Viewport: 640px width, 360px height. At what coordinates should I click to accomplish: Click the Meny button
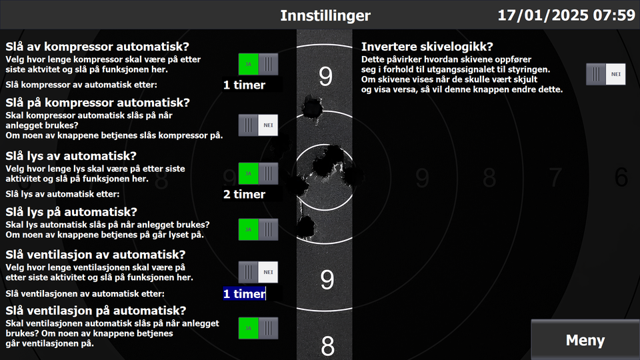coord(585,339)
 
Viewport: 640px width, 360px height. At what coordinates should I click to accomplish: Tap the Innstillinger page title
coord(325,15)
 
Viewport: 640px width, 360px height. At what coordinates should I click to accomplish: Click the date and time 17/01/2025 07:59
coord(567,15)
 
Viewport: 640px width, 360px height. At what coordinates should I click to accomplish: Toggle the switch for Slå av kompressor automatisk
coord(258,64)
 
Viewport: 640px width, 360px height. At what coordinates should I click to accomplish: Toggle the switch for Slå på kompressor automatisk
coord(258,125)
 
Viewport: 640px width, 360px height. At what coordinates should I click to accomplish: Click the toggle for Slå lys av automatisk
coord(258,173)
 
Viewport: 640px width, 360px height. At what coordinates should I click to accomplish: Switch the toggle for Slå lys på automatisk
coord(258,229)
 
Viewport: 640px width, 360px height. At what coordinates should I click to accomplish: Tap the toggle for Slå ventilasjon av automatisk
coord(258,272)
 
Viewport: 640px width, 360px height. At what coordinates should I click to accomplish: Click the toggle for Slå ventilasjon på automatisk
coord(258,328)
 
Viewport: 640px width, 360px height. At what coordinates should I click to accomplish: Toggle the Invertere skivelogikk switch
coord(606,74)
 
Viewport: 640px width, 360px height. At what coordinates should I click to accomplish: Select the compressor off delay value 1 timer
coord(244,85)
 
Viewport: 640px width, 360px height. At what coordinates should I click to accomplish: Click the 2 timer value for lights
coord(244,194)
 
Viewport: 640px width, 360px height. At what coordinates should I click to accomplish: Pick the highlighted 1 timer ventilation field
coord(244,294)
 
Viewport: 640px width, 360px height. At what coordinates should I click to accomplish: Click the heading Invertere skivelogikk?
coord(427,47)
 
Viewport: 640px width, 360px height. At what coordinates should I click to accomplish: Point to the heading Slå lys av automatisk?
coord(71,156)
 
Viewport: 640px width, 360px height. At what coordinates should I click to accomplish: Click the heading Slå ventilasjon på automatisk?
coord(96,311)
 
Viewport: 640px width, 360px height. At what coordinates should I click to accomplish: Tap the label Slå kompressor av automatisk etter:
coord(81,85)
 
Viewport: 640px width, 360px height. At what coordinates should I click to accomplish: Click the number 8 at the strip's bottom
coord(327,346)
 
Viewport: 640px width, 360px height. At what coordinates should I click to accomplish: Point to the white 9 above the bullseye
coord(325,76)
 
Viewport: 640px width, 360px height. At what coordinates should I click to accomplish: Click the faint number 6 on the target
coord(621,177)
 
